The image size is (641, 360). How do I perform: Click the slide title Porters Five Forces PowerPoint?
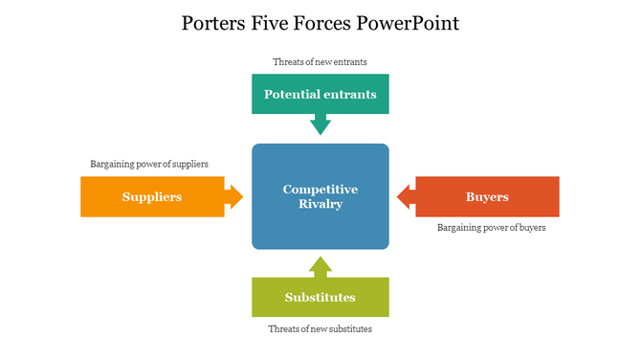point(320,23)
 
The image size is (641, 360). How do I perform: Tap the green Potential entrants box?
point(320,95)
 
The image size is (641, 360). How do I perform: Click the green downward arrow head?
point(320,125)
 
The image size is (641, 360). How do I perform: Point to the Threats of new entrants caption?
point(320,62)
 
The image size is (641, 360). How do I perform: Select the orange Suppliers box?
point(152,196)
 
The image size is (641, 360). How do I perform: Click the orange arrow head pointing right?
point(234,196)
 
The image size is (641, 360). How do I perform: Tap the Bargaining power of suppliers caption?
point(149,164)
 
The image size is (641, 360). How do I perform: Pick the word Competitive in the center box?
point(320,190)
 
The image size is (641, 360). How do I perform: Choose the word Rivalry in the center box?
point(320,204)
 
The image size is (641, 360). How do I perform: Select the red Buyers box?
point(487,196)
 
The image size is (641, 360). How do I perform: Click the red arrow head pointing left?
point(406,196)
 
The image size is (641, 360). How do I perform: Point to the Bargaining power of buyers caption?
point(492,228)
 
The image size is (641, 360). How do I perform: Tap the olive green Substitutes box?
point(320,297)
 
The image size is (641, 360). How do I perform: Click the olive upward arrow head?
point(320,265)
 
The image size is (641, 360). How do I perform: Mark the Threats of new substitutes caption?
point(320,329)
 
